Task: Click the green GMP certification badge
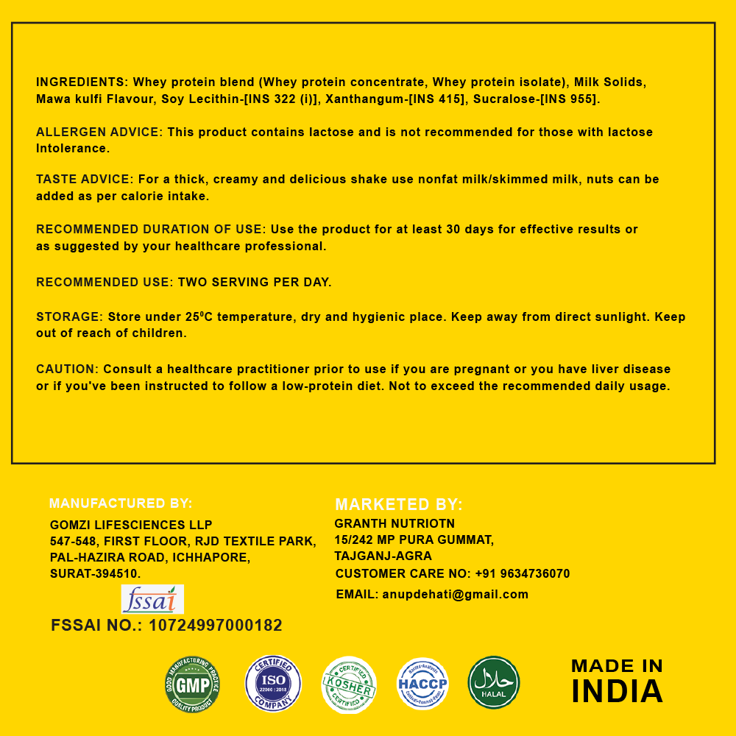(192, 684)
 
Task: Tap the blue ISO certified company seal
(273, 684)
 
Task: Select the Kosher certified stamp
(349, 684)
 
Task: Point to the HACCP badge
(422, 684)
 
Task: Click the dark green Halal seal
(494, 683)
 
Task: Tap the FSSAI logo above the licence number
(152, 599)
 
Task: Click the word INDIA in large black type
(617, 692)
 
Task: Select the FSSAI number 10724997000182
(216, 626)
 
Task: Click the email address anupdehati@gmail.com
(455, 594)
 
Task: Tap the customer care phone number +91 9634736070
(522, 573)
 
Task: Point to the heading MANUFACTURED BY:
(121, 503)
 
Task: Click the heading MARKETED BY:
(399, 505)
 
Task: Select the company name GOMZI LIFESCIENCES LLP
(131, 525)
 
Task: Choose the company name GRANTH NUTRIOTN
(394, 523)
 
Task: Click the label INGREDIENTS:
(82, 82)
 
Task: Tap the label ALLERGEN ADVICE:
(99, 132)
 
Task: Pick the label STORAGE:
(69, 317)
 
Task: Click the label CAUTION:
(67, 369)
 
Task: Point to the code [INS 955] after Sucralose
(569, 99)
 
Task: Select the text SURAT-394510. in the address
(95, 573)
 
